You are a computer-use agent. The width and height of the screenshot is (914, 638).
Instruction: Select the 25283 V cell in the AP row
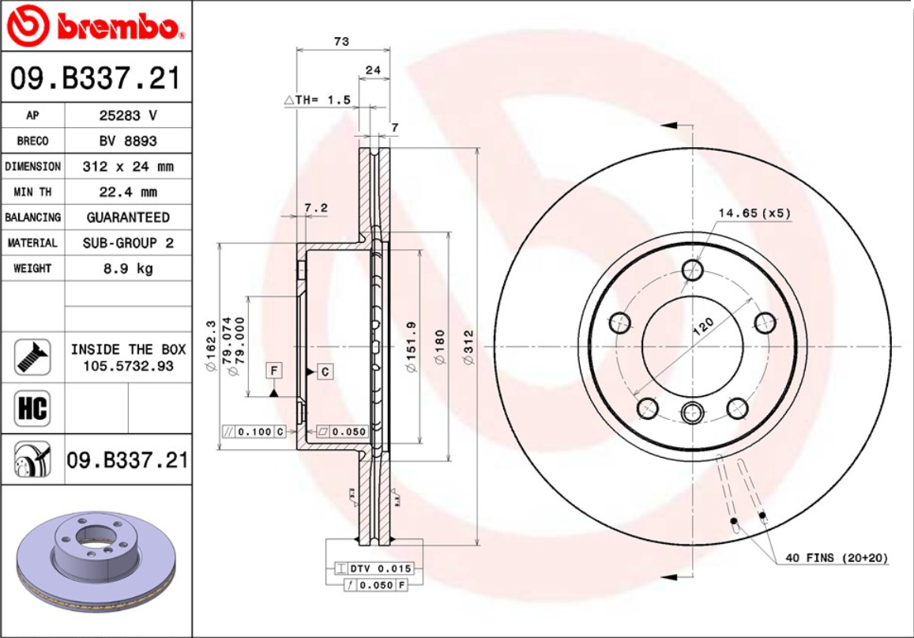[127, 115]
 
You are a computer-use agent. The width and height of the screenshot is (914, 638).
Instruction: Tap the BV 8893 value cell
[127, 141]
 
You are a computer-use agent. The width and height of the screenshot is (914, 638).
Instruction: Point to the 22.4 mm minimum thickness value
[127, 192]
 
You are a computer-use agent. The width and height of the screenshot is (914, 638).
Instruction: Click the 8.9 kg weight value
[127, 269]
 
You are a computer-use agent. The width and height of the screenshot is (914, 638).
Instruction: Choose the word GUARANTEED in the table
[127, 217]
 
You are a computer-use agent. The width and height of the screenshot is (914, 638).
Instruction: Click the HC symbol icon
[32, 409]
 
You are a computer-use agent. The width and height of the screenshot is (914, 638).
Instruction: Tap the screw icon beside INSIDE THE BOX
[32, 357]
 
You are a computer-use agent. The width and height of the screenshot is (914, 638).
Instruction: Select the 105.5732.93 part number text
[128, 366]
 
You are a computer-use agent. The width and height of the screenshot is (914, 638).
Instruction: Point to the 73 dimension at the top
[341, 42]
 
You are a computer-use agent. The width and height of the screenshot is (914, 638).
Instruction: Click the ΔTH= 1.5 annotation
[317, 100]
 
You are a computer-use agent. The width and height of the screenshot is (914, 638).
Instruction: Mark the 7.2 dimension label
[315, 208]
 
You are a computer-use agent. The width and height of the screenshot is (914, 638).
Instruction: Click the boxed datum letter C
[325, 371]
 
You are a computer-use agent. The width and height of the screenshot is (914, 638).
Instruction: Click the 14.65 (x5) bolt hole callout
[754, 213]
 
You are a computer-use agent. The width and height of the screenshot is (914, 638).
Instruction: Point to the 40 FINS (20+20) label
[836, 558]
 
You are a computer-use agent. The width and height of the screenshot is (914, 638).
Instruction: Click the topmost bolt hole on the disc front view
[693, 270]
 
